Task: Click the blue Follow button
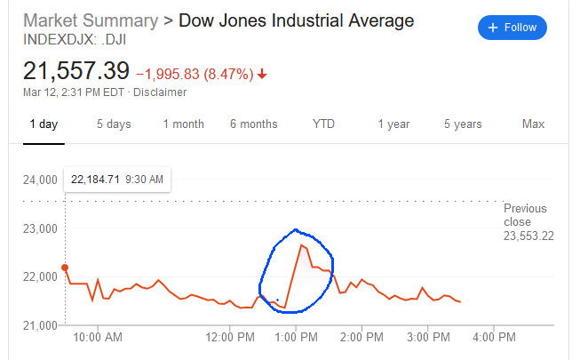(x=512, y=28)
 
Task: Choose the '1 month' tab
(x=183, y=124)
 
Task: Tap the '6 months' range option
(x=253, y=124)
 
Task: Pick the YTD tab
(x=323, y=124)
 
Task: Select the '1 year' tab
(x=393, y=124)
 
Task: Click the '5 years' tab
(x=463, y=124)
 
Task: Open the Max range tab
(x=533, y=124)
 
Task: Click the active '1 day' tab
(x=44, y=124)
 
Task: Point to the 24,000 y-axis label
(x=39, y=180)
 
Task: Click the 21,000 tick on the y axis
(x=39, y=325)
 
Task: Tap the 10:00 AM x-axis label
(x=98, y=338)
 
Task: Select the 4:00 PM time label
(x=494, y=338)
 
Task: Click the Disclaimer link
(x=160, y=92)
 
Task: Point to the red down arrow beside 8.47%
(x=262, y=73)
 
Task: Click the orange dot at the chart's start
(x=65, y=268)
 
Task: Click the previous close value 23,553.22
(x=528, y=236)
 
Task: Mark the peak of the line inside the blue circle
(x=302, y=244)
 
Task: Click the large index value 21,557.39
(x=76, y=70)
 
